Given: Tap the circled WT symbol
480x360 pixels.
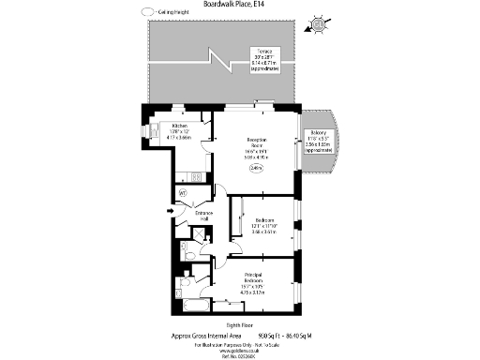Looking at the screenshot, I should [184, 196].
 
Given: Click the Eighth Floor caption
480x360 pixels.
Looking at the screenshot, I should [239, 324].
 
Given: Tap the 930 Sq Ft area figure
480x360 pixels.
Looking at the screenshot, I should [272, 335].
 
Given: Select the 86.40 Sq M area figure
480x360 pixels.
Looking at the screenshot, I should [308, 335].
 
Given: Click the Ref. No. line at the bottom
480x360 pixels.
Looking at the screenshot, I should [239, 355].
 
